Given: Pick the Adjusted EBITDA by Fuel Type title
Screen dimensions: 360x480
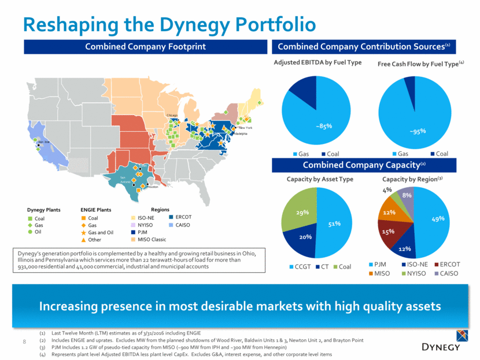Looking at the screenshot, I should (313, 62).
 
